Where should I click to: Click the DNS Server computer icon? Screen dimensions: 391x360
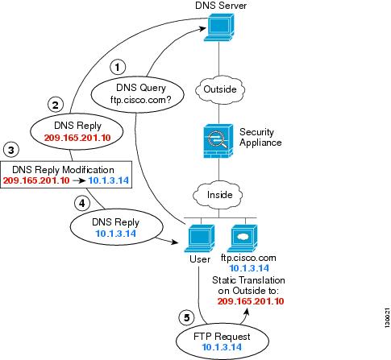[219, 27]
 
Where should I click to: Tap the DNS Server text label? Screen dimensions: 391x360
[221, 6]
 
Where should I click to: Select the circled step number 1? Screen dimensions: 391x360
[118, 67]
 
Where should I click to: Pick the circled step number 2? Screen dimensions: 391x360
[56, 105]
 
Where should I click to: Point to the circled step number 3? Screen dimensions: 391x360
[11, 150]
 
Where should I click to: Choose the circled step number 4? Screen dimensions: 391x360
[81, 203]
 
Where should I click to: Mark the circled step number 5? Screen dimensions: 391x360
[186, 318]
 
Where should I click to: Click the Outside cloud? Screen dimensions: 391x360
[220, 89]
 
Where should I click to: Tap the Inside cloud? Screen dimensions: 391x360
[219, 195]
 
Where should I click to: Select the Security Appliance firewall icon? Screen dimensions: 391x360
[218, 141]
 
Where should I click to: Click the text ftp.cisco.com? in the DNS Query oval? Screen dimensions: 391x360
[140, 100]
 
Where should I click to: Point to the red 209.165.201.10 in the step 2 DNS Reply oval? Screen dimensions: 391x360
[77, 138]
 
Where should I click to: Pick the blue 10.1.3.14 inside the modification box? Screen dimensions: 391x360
[109, 180]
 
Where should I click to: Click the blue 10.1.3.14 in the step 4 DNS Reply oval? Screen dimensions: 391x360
[116, 234]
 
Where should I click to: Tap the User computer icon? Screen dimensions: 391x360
[200, 238]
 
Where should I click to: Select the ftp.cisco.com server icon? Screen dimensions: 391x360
[243, 238]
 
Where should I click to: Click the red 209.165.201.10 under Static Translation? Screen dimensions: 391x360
[251, 301]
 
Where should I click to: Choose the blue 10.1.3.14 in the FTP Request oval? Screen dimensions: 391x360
[222, 347]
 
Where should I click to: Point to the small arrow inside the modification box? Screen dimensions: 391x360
[79, 180]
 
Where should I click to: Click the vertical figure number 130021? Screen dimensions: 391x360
[387, 317]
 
